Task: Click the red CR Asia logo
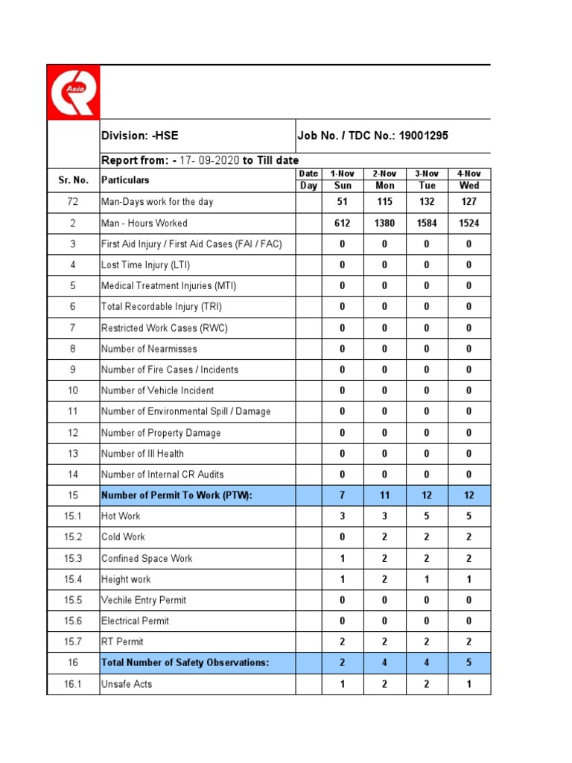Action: coord(72,92)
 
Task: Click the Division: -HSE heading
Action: coord(140,136)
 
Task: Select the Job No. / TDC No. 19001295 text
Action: coord(372,136)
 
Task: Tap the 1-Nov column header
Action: coord(343,174)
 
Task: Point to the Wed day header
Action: coord(469,186)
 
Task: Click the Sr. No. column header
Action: coord(73,180)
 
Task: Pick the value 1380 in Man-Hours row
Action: coord(384,223)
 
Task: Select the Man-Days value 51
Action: coord(343,202)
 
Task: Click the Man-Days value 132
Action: coord(427,202)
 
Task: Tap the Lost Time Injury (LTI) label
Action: coord(144,265)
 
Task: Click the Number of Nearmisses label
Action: coord(147,349)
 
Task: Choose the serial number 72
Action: coord(73,202)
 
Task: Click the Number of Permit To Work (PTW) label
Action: coord(172,496)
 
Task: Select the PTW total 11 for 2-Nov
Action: coord(384,496)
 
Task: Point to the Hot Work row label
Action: coord(121,516)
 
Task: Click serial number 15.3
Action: coord(73,558)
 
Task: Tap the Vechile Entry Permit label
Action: coord(144,600)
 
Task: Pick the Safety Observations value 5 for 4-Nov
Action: coord(469,663)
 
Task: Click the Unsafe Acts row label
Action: coord(127,684)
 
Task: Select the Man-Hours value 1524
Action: coord(469,223)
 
